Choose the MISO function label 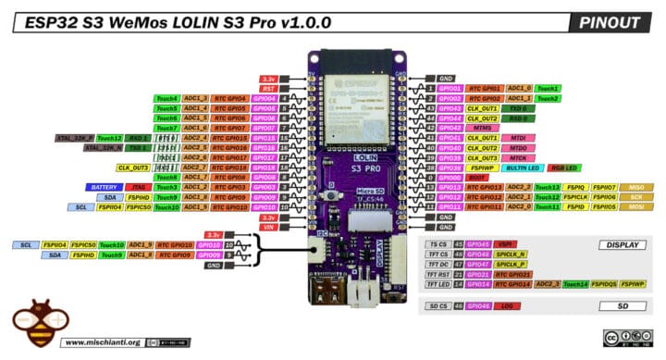click(x=636, y=187)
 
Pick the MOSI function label click(x=636, y=207)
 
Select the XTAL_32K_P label click(x=73, y=138)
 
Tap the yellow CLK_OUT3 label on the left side click(x=134, y=168)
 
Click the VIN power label click(x=267, y=227)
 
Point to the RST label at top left click(x=267, y=88)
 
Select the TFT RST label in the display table click(x=437, y=275)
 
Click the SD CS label click(x=437, y=305)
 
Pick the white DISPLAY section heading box click(x=621, y=245)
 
